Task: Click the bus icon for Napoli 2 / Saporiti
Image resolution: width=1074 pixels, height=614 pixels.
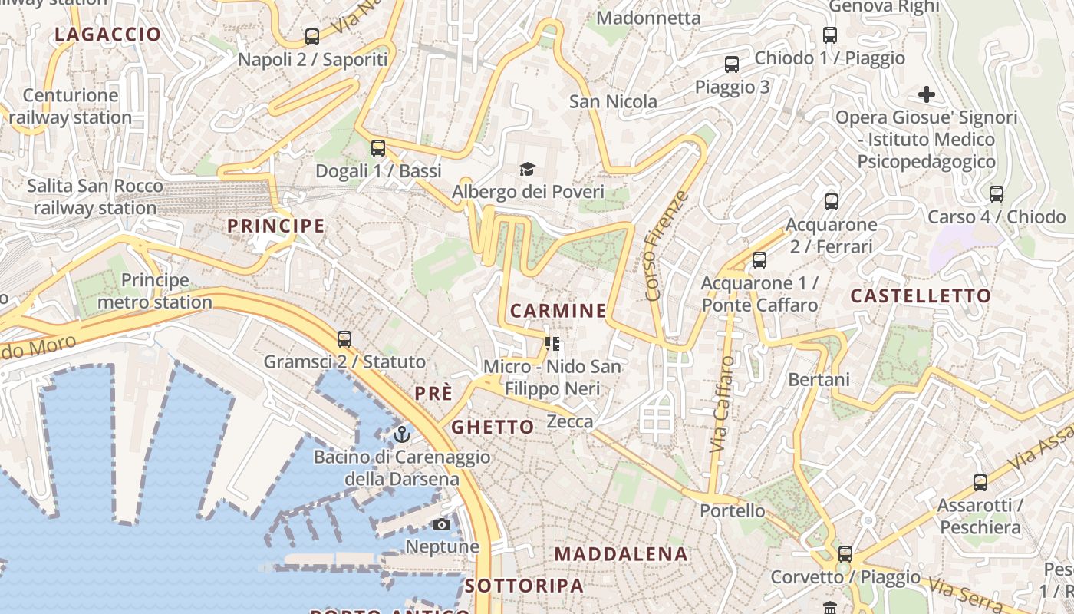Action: pyautogui.click(x=312, y=36)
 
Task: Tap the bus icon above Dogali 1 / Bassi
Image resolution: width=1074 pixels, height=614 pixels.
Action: pyautogui.click(x=378, y=147)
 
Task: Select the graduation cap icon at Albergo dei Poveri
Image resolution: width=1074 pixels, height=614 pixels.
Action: pyautogui.click(x=527, y=169)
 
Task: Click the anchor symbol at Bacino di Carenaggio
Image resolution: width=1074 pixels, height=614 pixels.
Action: pyautogui.click(x=402, y=434)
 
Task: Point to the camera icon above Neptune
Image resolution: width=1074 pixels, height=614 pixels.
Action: pyautogui.click(x=442, y=524)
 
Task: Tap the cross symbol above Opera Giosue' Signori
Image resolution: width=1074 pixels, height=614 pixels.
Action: pyautogui.click(x=927, y=95)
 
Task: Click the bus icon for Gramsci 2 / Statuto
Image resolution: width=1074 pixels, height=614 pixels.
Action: pyautogui.click(x=344, y=338)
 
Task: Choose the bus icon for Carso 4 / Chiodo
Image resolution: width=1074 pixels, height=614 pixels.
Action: pyautogui.click(x=997, y=194)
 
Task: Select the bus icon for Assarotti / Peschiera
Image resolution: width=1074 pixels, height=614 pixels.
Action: pyautogui.click(x=980, y=482)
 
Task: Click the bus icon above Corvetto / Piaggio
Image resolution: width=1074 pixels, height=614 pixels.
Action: pyautogui.click(x=845, y=553)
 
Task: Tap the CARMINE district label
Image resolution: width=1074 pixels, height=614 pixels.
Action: pyautogui.click(x=558, y=311)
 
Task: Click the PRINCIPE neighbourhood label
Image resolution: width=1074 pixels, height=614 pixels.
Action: pyautogui.click(x=276, y=226)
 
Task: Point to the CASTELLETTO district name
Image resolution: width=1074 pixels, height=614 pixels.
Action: pyautogui.click(x=921, y=296)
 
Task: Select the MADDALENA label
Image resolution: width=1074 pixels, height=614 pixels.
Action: pyautogui.click(x=621, y=554)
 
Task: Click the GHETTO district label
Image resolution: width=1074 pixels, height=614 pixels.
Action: pyautogui.click(x=493, y=427)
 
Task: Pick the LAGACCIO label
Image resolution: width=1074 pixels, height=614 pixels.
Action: pyautogui.click(x=108, y=35)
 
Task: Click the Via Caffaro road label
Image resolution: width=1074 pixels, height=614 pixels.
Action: pyautogui.click(x=723, y=404)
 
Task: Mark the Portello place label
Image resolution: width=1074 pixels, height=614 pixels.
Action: pyautogui.click(x=733, y=510)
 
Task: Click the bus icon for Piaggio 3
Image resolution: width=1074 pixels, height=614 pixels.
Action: pyautogui.click(x=732, y=64)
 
